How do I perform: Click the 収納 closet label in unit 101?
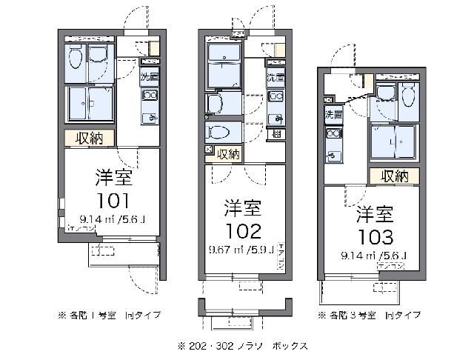(x=93, y=138)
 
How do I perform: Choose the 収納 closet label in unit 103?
(x=395, y=176)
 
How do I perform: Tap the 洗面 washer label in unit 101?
(x=150, y=77)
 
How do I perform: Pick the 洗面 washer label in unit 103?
(x=333, y=113)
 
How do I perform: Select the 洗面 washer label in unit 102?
(x=275, y=77)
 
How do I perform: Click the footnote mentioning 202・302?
(x=241, y=345)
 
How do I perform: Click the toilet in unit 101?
(x=75, y=59)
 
